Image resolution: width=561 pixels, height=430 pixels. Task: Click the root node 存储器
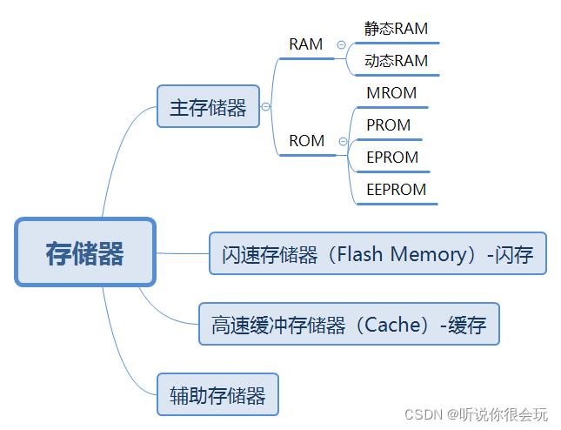click(84, 252)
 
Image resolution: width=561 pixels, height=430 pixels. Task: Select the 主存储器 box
click(208, 107)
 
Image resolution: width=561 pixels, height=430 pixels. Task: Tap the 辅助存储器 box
click(217, 395)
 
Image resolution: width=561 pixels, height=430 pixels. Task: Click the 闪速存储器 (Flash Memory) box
click(377, 253)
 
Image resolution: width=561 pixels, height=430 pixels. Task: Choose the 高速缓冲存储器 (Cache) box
click(349, 325)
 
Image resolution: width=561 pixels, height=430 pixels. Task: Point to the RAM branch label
click(305, 44)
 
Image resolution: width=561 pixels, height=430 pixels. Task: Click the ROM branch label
click(306, 141)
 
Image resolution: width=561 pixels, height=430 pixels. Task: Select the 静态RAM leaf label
click(396, 29)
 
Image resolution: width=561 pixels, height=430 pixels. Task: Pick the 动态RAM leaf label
click(396, 61)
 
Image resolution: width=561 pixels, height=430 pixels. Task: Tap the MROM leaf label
click(391, 93)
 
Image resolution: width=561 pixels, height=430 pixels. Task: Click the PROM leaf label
click(388, 125)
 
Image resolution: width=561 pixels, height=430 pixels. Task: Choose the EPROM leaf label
click(392, 158)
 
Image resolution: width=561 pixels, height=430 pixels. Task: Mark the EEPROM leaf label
click(397, 190)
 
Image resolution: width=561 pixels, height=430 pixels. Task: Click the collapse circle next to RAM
click(342, 44)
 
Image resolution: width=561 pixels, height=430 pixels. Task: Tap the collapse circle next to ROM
click(343, 141)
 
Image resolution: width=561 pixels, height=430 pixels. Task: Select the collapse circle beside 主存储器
click(265, 107)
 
